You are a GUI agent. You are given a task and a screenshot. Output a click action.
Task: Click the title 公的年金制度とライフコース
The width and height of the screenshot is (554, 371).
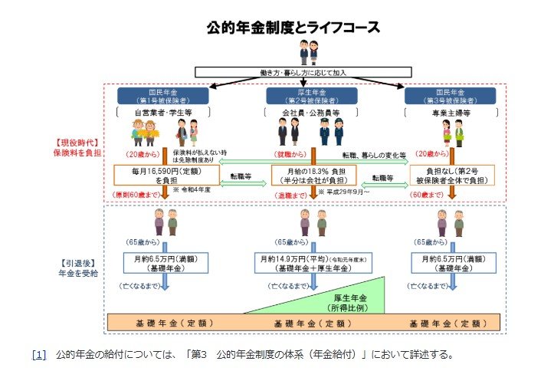tap(293, 28)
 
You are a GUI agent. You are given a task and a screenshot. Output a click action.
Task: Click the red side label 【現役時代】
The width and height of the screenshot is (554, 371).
tap(77, 143)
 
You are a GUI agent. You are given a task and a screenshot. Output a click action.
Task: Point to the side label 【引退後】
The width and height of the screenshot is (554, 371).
tap(77, 262)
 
